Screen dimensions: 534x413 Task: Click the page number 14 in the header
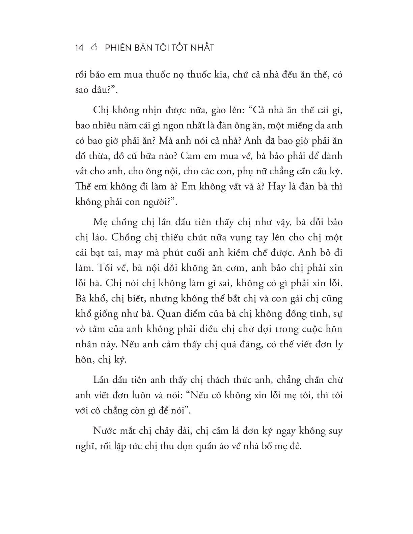point(79,48)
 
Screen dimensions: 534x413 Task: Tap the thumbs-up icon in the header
point(94,48)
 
